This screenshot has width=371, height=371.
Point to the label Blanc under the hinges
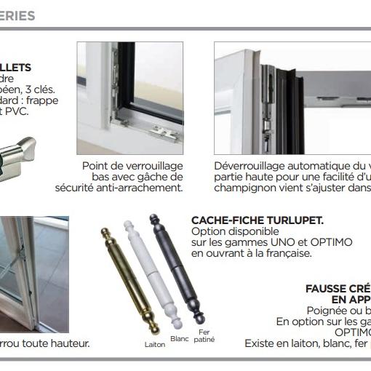(x=179, y=338)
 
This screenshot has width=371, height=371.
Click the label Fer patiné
(x=204, y=336)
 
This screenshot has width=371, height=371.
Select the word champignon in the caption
(x=244, y=188)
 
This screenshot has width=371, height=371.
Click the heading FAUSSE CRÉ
(x=338, y=288)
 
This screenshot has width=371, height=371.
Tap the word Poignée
(x=328, y=311)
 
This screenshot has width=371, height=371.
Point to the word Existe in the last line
(x=261, y=343)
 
